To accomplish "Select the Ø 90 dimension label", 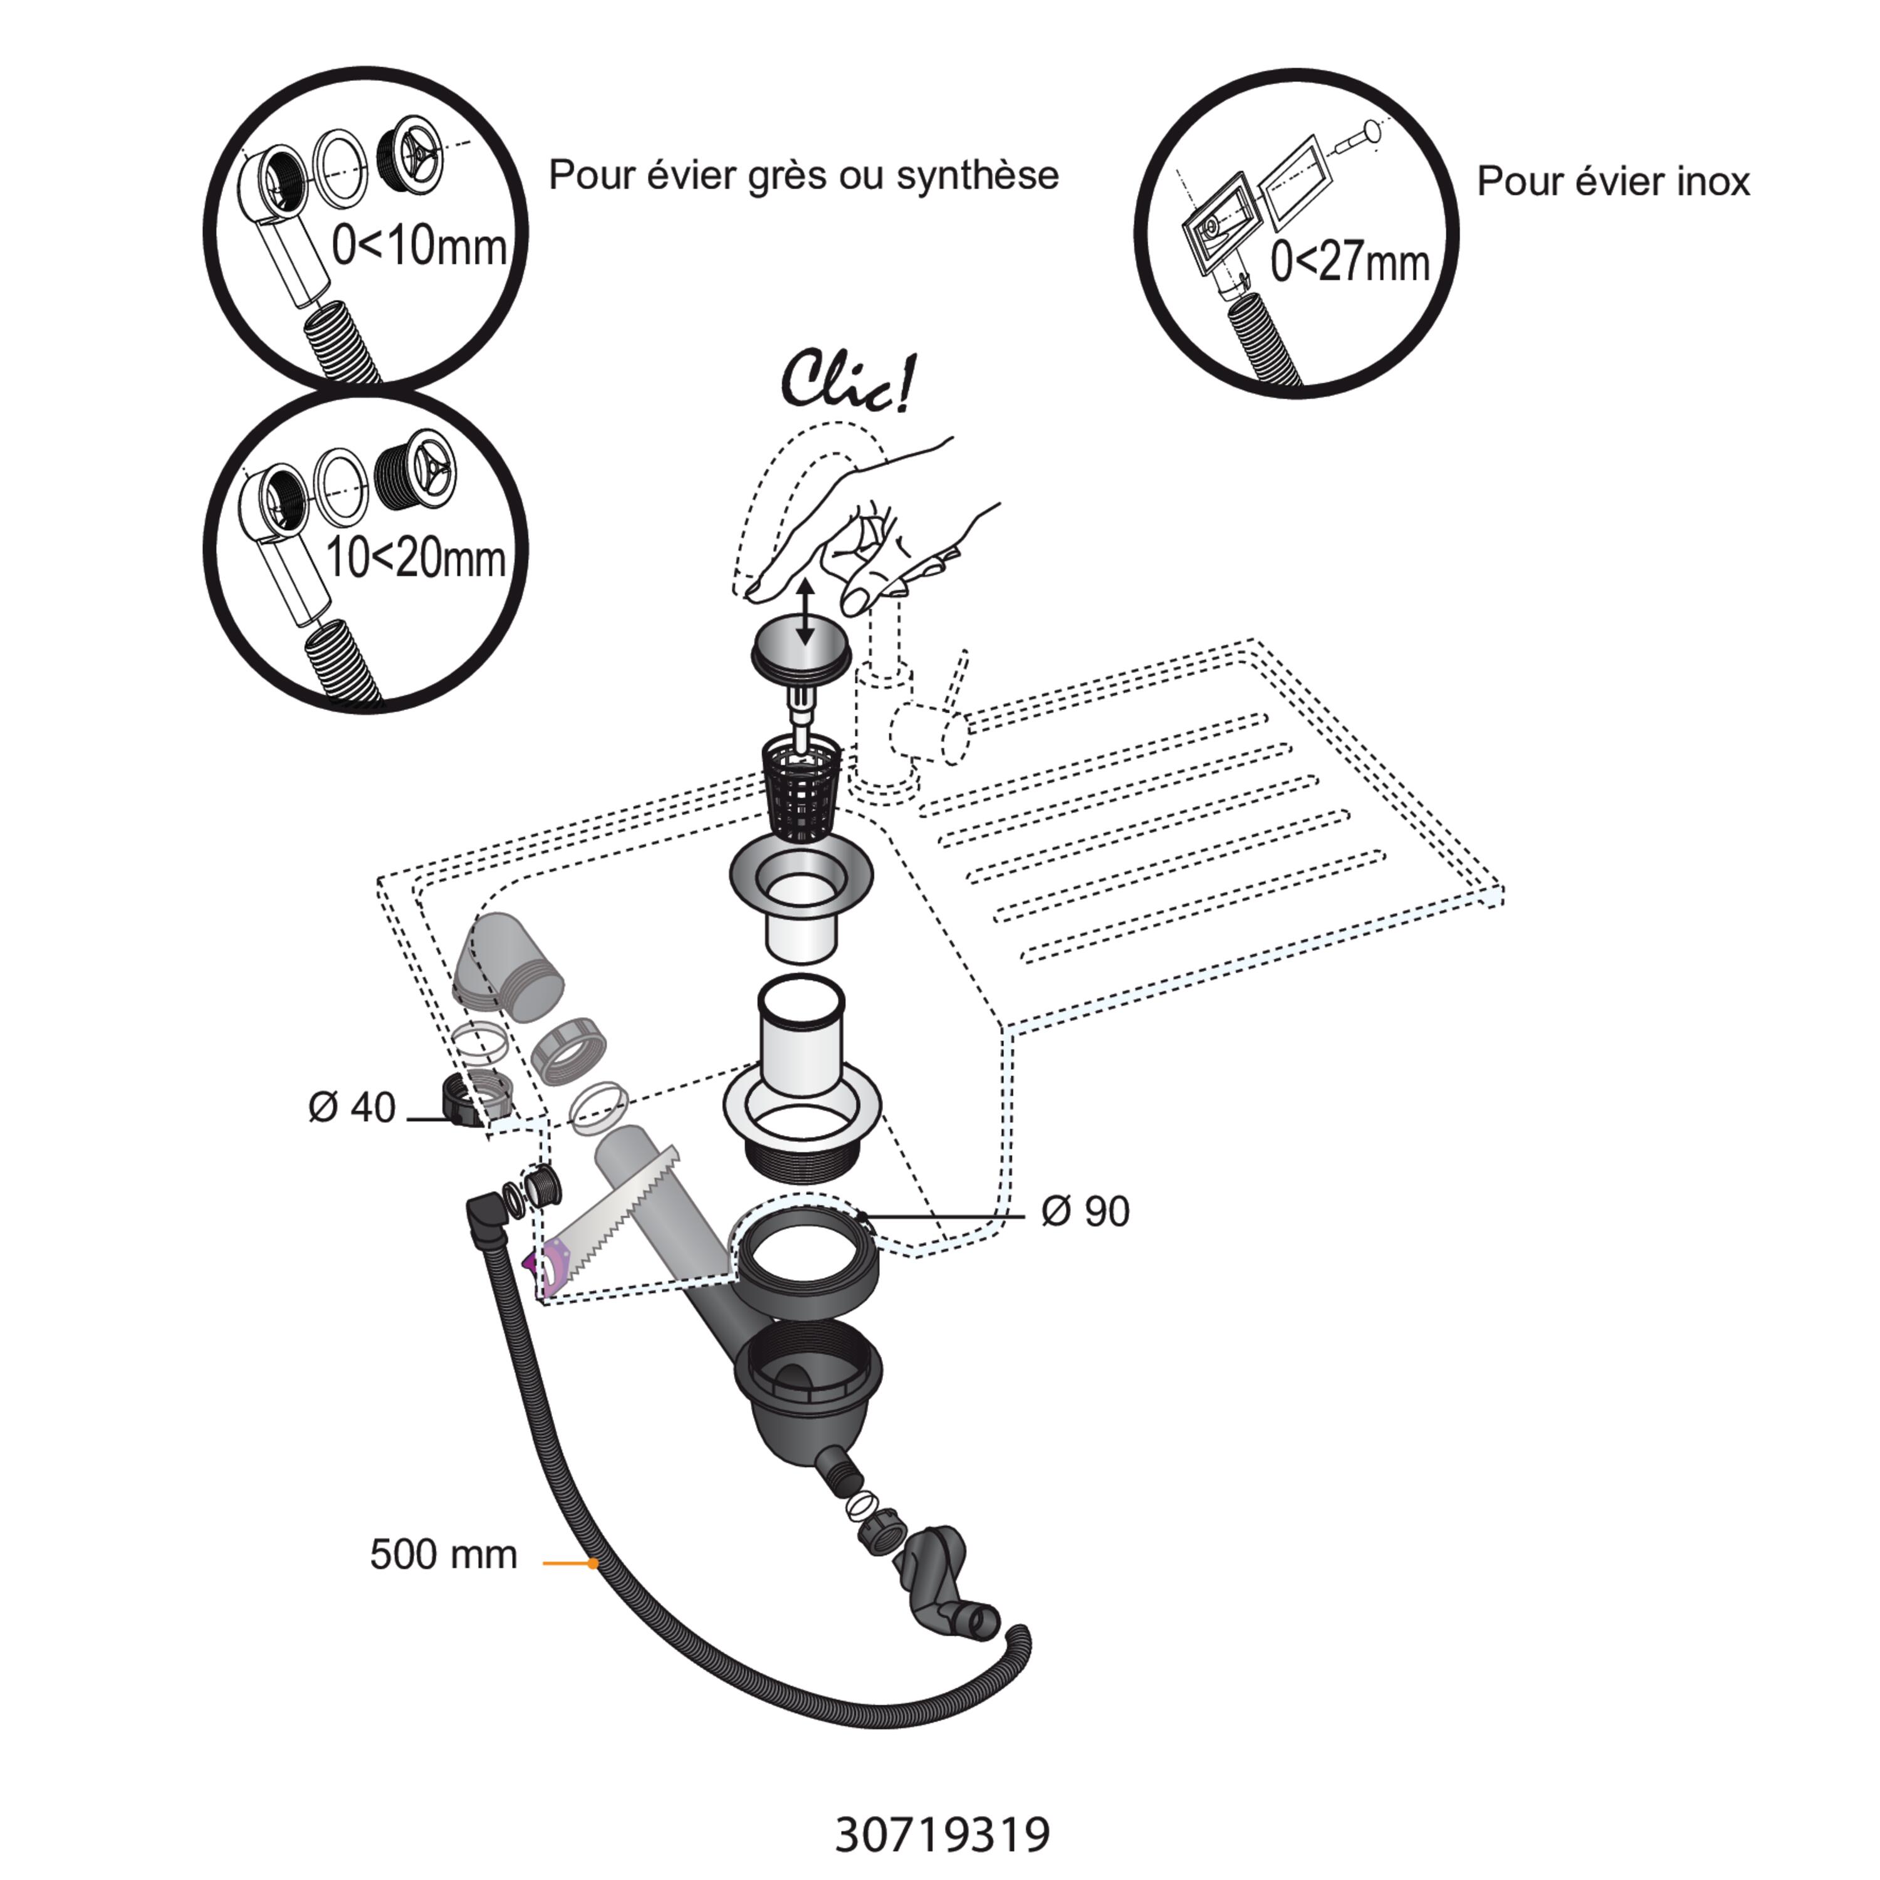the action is [1085, 1211].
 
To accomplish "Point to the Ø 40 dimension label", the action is [352, 1107].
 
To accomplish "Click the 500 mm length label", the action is [443, 1554].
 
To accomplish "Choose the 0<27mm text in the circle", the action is [1350, 262].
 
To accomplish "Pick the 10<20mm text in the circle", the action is [415, 558].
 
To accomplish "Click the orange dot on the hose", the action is [593, 1563].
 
